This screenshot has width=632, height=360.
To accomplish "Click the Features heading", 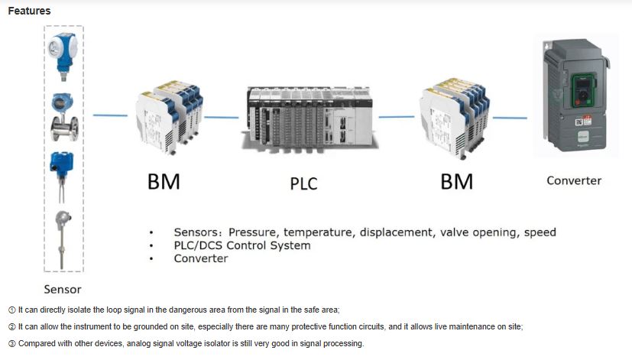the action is point(29,11).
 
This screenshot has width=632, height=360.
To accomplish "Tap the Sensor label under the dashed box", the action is point(63,290).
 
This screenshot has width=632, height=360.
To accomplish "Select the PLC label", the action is point(303,184).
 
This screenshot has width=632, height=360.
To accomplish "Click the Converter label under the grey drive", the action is point(574,180).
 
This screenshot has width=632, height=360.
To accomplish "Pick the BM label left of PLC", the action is point(164,181).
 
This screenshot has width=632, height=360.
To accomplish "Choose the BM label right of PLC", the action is point(457,181).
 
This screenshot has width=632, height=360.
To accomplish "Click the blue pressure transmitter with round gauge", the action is point(63,57).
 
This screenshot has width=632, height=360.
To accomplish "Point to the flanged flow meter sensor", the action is point(64,117).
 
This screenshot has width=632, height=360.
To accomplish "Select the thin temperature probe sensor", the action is point(62,239).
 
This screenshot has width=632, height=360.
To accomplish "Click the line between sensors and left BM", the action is point(110,115).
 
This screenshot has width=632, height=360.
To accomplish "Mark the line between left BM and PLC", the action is point(222,117).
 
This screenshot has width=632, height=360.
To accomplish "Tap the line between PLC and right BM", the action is point(397,117).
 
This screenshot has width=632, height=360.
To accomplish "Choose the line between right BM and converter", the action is point(510,118).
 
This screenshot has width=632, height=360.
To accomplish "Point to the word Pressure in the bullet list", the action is point(251,232).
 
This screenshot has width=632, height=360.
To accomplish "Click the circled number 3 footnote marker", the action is point(11,344).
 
